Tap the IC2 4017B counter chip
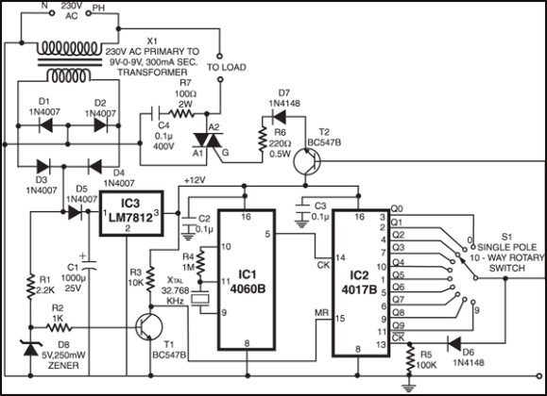360,278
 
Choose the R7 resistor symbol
184,111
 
